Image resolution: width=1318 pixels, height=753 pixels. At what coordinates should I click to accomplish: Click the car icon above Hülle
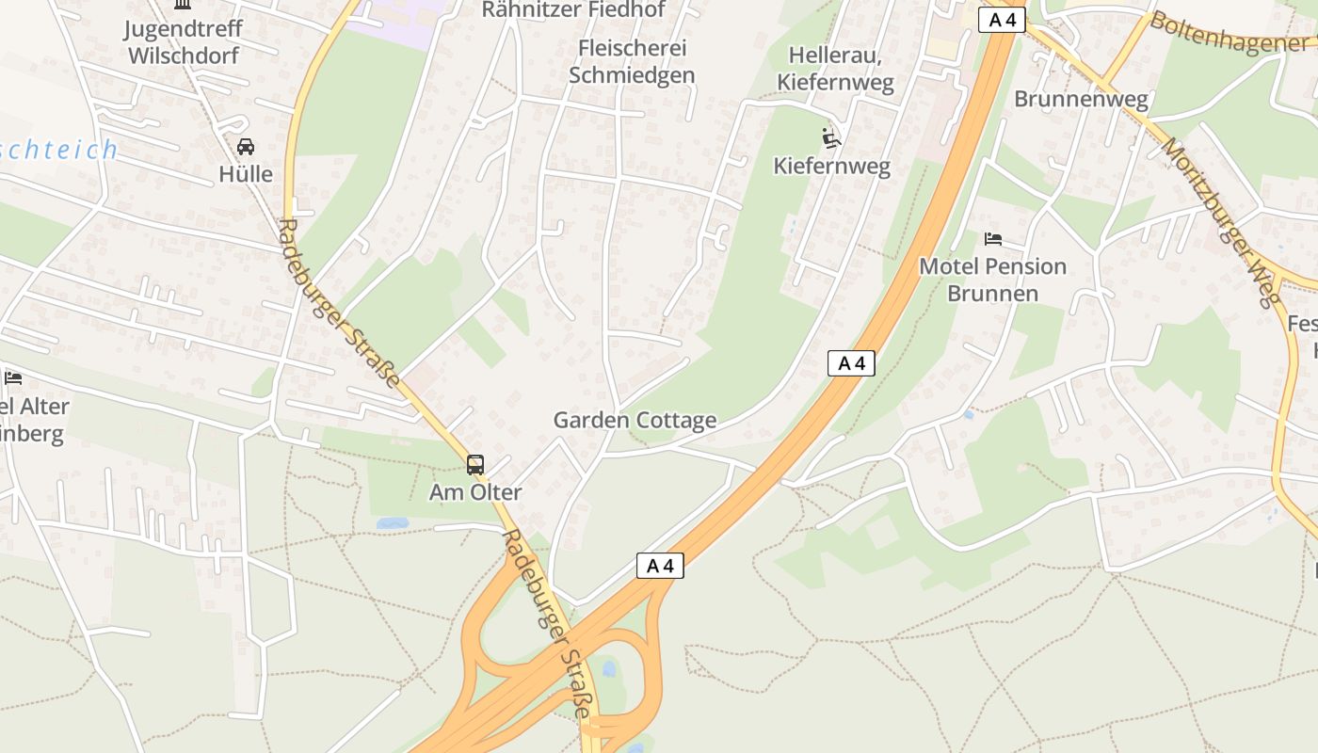(245, 147)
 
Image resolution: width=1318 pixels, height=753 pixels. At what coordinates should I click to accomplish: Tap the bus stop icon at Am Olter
(475, 464)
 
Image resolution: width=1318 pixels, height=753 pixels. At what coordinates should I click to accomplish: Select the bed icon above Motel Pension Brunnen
(993, 239)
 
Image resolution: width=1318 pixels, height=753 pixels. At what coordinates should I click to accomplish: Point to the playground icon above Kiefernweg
(831, 138)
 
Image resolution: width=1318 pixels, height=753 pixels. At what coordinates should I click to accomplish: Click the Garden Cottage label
(635, 420)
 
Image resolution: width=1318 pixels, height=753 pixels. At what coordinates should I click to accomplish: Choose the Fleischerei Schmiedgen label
(632, 61)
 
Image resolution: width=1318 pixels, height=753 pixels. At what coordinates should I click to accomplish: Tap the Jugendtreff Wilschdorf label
(184, 41)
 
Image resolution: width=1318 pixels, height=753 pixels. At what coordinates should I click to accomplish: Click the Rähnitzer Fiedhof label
(573, 10)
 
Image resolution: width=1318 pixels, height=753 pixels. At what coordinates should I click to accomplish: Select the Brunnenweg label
(1081, 99)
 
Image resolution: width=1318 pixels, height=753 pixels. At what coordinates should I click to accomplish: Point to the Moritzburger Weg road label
(1222, 223)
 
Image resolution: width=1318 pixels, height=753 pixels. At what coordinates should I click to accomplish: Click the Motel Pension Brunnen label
(992, 280)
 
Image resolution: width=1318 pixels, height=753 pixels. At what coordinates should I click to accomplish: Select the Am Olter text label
(475, 492)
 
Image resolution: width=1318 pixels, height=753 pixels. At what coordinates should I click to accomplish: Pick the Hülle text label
(246, 174)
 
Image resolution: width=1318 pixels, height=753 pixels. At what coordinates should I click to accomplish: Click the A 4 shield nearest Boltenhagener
(1002, 20)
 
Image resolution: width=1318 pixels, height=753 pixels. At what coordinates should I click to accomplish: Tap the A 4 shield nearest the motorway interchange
(660, 566)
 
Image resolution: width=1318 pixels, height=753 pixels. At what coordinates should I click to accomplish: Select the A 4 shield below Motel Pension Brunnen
(851, 363)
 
